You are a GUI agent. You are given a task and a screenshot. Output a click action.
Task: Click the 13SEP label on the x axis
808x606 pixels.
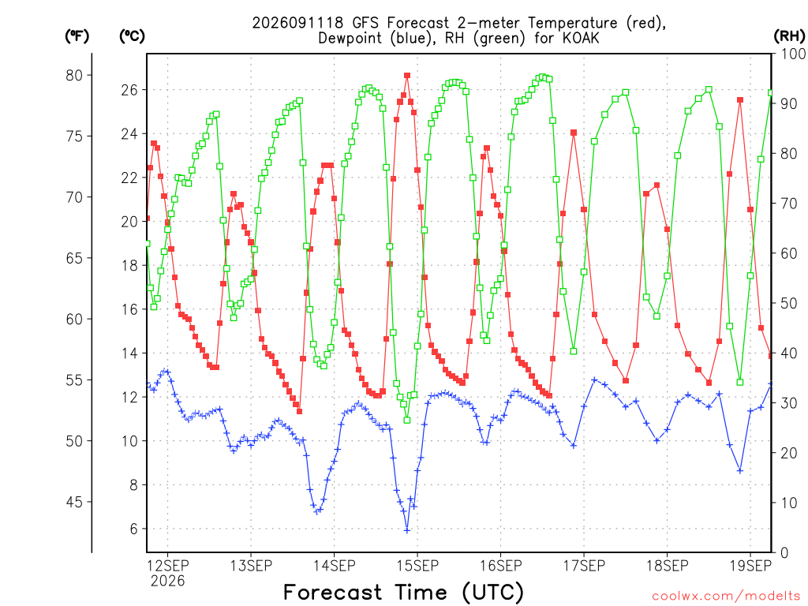pyautogui.click(x=251, y=566)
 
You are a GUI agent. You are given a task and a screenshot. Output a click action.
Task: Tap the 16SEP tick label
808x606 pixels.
pyautogui.click(x=501, y=566)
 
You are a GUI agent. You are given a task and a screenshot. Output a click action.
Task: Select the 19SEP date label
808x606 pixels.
pyautogui.click(x=751, y=566)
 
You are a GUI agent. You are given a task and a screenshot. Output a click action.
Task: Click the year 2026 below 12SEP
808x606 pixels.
pyautogui.click(x=167, y=582)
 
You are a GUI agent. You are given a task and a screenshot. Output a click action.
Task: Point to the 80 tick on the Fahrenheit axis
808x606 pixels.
pyautogui.click(x=74, y=75)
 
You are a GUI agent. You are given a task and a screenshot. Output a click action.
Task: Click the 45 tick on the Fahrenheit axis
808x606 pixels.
pyautogui.click(x=74, y=502)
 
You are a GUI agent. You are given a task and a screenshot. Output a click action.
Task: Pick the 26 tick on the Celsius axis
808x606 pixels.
pyautogui.click(x=129, y=90)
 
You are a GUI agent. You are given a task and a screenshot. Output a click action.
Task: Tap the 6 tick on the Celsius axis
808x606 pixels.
pyautogui.click(x=134, y=529)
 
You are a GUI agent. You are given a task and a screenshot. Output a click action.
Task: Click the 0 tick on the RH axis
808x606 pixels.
pyautogui.click(x=784, y=553)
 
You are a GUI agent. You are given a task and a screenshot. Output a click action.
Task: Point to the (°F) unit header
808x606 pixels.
pyautogui.click(x=77, y=36)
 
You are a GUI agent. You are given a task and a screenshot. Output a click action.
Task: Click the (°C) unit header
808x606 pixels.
pyautogui.click(x=132, y=36)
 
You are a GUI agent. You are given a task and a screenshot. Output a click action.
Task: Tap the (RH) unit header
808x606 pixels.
pyautogui.click(x=789, y=36)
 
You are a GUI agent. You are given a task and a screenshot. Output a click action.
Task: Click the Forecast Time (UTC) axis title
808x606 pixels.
pyautogui.click(x=403, y=593)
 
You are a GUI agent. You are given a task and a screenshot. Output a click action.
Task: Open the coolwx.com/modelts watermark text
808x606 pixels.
pyautogui.click(x=726, y=597)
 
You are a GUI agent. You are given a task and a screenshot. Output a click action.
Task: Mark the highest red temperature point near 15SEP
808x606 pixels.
pyautogui.click(x=407, y=76)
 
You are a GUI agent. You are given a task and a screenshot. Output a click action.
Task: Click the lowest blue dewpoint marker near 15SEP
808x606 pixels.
pyautogui.click(x=407, y=530)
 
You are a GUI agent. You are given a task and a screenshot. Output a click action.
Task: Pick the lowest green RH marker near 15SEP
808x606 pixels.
pyautogui.click(x=407, y=421)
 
